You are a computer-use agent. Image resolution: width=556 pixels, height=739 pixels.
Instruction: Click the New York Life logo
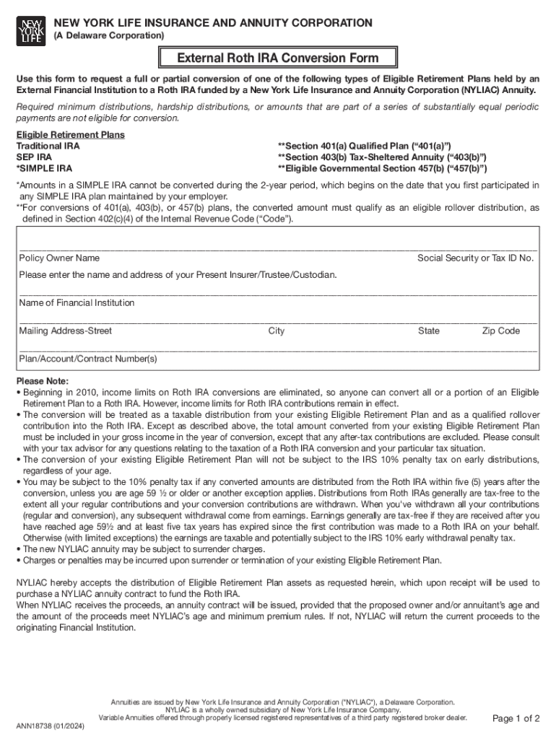pyautogui.click(x=30, y=31)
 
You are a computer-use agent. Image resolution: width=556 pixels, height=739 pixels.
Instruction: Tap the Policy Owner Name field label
pyautogui.click(x=59, y=258)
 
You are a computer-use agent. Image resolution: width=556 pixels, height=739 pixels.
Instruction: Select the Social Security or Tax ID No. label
pyautogui.click(x=475, y=258)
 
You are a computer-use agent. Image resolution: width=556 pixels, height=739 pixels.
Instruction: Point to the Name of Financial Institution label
pyautogui.click(x=77, y=303)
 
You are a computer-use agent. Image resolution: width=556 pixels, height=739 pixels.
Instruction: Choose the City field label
pyautogui.click(x=276, y=331)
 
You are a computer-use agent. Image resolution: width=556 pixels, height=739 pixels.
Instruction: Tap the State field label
pyautogui.click(x=428, y=331)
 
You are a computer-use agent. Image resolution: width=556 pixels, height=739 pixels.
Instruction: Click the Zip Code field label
pyautogui.click(x=500, y=331)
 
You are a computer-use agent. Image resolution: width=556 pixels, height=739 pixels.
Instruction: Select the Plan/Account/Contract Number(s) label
pyautogui.click(x=87, y=359)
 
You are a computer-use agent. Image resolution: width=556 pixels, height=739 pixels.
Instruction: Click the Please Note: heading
pyautogui.click(x=43, y=381)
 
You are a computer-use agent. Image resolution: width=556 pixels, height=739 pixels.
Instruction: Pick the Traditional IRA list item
pyautogui.click(x=48, y=146)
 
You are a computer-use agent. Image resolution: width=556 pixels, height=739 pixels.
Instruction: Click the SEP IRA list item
pyautogui.click(x=34, y=157)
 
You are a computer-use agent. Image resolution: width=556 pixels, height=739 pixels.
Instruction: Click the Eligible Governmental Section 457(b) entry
pyautogui.click(x=382, y=169)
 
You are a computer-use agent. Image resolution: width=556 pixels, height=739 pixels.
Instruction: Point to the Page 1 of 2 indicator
pyautogui.click(x=516, y=718)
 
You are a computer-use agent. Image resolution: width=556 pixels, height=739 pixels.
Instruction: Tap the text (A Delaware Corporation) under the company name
pyautogui.click(x=109, y=35)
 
